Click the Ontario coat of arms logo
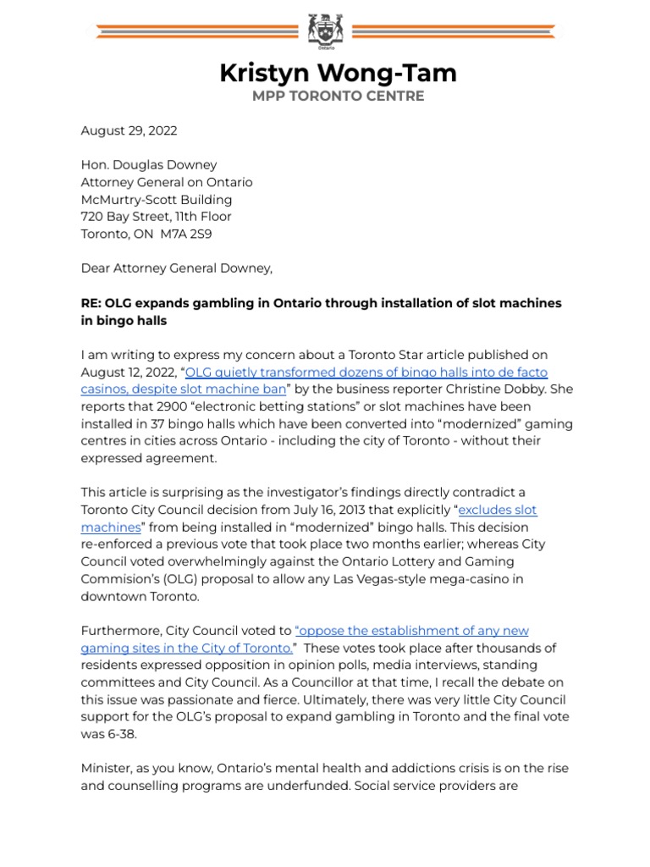click(x=325, y=32)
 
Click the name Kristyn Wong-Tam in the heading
click(x=338, y=73)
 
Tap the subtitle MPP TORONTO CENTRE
click(x=338, y=97)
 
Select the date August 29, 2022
click(x=129, y=130)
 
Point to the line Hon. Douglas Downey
click(x=148, y=165)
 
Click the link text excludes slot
click(x=498, y=510)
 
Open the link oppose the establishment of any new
click(x=411, y=631)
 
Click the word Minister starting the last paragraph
click(x=107, y=769)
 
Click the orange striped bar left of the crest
click(x=195, y=32)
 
